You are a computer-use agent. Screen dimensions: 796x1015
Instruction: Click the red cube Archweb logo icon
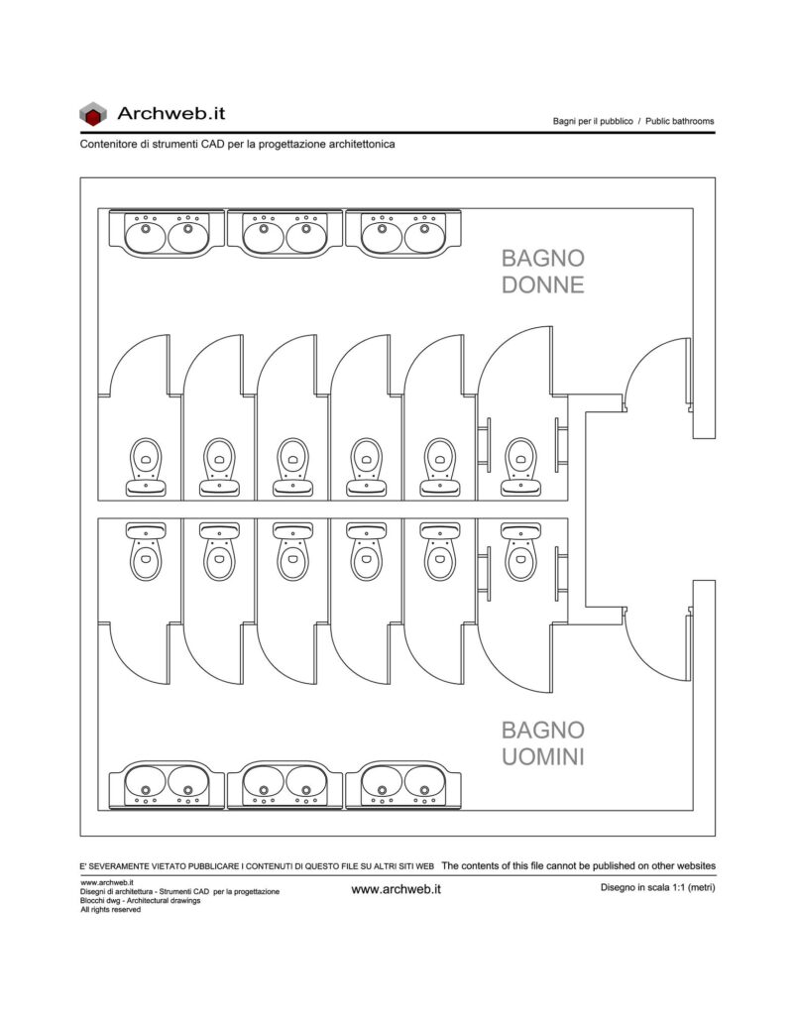(x=92, y=114)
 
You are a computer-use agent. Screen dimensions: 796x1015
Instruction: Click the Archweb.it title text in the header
(x=171, y=113)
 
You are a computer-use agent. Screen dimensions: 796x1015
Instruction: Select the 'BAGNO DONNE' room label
(x=543, y=272)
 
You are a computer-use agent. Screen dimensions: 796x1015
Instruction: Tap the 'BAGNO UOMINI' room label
(x=543, y=743)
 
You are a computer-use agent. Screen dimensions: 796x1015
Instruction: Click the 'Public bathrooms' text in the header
(x=679, y=121)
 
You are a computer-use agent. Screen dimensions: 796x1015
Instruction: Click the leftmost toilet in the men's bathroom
(x=146, y=551)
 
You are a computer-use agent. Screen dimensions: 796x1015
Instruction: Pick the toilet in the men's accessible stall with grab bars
(x=521, y=551)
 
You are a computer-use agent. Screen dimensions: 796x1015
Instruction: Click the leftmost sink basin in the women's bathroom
(x=145, y=234)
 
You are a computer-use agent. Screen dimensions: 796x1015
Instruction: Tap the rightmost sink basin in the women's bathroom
(x=424, y=234)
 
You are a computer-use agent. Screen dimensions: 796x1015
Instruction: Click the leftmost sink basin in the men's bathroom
(x=145, y=784)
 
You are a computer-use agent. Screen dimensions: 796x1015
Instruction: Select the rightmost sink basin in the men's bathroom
(x=424, y=784)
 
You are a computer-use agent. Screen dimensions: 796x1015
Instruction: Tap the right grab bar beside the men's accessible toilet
(x=559, y=574)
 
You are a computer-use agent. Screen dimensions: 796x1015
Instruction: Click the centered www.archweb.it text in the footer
(x=397, y=889)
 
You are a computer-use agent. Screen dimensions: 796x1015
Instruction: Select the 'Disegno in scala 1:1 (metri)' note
(x=657, y=887)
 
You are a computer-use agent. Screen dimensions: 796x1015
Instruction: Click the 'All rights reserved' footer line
(x=110, y=910)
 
